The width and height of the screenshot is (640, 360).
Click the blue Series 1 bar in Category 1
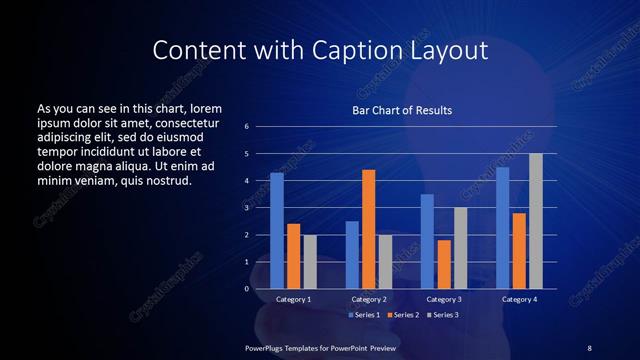(277, 231)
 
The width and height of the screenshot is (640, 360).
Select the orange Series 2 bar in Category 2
(368, 229)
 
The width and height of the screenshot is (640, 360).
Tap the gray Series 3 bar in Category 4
(535, 221)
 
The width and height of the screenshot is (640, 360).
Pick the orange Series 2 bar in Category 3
(443, 264)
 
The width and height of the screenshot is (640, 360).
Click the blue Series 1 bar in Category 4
(503, 228)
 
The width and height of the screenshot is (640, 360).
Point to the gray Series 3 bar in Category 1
(309, 262)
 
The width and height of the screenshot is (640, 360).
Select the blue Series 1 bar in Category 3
(427, 241)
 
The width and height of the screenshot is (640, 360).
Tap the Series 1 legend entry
(363, 315)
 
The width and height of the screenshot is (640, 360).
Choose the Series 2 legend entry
(401, 315)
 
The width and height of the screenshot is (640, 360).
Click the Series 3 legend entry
(440, 315)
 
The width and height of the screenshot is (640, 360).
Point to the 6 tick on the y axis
(246, 127)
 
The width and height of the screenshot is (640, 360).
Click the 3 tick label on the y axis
(246, 208)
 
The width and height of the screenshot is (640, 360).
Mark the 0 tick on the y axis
(246, 289)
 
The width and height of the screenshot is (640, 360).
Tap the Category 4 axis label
(519, 299)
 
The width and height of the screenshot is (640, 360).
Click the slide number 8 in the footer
(589, 347)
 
